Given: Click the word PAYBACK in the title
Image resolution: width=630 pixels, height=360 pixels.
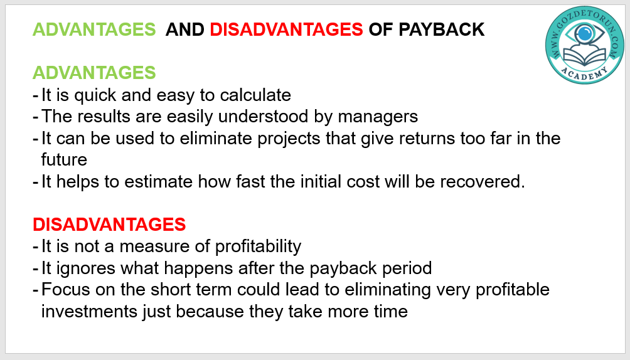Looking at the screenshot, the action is [442, 29].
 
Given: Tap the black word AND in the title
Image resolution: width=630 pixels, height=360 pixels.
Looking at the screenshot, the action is [185, 29].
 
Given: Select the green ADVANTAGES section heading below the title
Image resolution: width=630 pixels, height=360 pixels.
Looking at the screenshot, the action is [94, 73].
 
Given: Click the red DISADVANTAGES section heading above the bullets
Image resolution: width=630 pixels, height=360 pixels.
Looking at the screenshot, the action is [109, 224].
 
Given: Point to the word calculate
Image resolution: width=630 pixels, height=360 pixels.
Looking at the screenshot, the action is [255, 95].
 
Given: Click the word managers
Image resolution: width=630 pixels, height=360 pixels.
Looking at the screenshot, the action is [378, 117].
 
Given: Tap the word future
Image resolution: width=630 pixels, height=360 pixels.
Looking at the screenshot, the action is [64, 159].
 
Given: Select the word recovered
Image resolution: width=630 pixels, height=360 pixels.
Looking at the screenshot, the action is [483, 182].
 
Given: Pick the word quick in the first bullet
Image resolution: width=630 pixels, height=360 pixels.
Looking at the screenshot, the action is [95, 95].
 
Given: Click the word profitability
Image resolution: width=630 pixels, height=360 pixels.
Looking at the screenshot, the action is [258, 246].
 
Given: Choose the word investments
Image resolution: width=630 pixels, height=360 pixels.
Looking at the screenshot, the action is [89, 311].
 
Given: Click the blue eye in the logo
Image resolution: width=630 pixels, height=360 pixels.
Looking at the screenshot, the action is [585, 34].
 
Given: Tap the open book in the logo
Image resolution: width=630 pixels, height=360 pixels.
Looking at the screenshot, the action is [585, 56].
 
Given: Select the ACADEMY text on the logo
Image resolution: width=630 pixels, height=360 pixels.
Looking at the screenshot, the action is [585, 74].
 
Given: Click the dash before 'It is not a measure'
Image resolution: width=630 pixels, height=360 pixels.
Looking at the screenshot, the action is [35, 246].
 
